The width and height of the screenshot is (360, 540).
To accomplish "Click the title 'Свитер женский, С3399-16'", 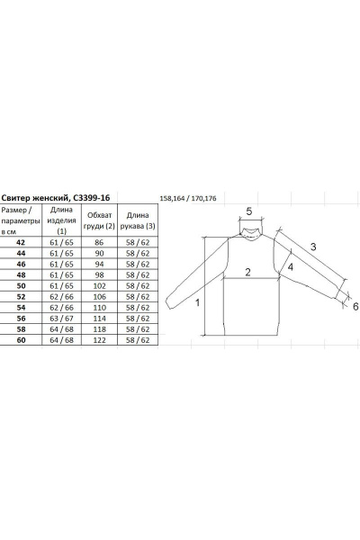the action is pos(56,198).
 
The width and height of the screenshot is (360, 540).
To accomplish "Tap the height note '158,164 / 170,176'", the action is pos(188,198).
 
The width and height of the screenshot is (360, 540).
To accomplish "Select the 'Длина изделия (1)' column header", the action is pos(61,220).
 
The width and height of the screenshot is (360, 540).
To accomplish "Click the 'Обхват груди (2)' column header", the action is pos(100,220).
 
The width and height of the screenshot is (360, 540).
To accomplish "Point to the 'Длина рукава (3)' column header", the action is pos(138,220).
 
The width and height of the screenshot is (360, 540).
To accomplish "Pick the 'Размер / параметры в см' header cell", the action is pos(21,220).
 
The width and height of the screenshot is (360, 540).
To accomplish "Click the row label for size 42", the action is pos(21,242).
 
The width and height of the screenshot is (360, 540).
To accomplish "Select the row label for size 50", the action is pos(21,286).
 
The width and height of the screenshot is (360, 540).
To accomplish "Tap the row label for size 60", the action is pos(21,340).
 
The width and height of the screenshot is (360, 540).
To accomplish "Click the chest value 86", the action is pos(99,242).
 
